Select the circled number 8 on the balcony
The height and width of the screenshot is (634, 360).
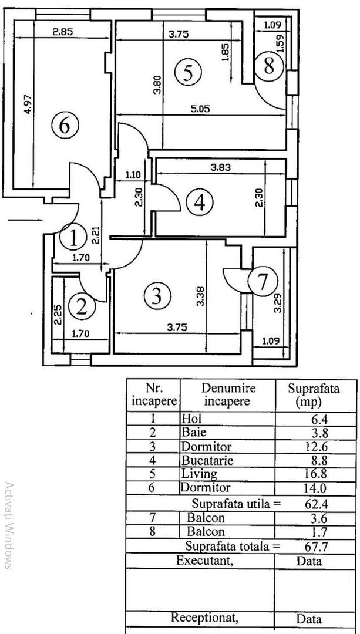[x=268, y=66]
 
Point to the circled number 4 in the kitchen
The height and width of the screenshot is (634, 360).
[x=200, y=203]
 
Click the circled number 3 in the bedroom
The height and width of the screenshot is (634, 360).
[x=156, y=295]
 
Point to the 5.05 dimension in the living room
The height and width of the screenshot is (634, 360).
[x=200, y=107]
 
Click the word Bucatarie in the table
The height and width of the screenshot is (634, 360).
[x=207, y=461]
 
